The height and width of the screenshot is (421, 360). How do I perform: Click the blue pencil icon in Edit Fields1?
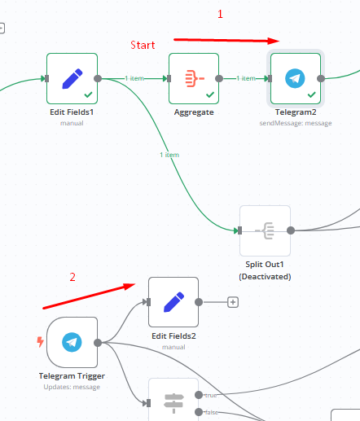72,79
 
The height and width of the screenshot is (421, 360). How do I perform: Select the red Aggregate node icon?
195,78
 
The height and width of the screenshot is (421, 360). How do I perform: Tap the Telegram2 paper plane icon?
295,78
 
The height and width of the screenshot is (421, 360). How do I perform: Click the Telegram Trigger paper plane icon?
72,342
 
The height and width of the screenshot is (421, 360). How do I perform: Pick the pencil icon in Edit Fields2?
174,302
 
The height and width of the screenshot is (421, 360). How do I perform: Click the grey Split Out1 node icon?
265,230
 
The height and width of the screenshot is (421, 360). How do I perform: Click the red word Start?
143,45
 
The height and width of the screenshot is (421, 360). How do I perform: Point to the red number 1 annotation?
220,14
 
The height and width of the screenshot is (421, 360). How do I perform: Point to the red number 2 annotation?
72,277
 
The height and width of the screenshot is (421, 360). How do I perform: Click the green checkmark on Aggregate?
210,94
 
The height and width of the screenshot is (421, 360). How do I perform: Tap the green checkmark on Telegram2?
312,94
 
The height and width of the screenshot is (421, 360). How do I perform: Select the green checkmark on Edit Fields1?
88,94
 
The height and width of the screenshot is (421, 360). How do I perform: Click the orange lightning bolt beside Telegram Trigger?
40,342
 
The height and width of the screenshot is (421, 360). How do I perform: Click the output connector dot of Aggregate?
219,79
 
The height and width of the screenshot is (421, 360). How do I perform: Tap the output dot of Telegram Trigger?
98,343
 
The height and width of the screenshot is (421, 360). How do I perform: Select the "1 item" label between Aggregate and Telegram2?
246,78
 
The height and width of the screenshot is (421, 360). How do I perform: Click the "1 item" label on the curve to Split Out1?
169,155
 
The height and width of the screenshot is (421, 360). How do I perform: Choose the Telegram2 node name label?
296,112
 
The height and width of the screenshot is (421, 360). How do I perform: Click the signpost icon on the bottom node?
173,403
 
